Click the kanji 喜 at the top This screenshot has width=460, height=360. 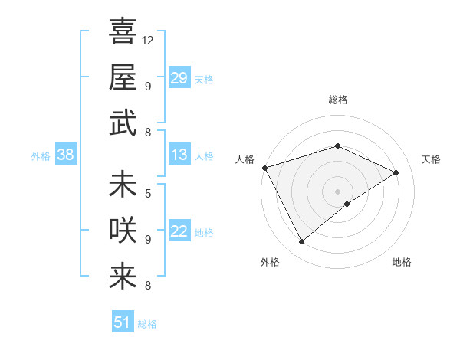(123, 31)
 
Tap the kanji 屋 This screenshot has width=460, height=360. (123, 77)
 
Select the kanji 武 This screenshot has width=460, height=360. (123, 123)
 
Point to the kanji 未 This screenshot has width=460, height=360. (123, 185)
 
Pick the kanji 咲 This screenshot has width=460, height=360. (123, 231)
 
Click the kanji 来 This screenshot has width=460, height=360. (123, 277)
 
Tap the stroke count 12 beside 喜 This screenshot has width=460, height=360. (149, 40)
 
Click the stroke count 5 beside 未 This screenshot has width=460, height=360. (148, 193)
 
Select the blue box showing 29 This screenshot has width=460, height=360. (179, 78)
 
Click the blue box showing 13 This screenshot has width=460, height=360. (179, 155)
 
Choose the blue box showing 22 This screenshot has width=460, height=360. (179, 231)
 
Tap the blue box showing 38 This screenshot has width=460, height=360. (66, 155)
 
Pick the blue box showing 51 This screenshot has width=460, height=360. (123, 322)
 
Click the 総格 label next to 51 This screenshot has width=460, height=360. (148, 324)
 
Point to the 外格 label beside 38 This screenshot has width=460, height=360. (41, 155)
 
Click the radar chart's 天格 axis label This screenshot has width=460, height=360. (431, 159)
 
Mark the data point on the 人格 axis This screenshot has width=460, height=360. (264, 168)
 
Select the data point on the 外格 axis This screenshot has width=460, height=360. (301, 242)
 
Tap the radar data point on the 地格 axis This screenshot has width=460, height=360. (347, 204)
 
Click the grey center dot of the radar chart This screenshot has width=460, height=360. (337, 190)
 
